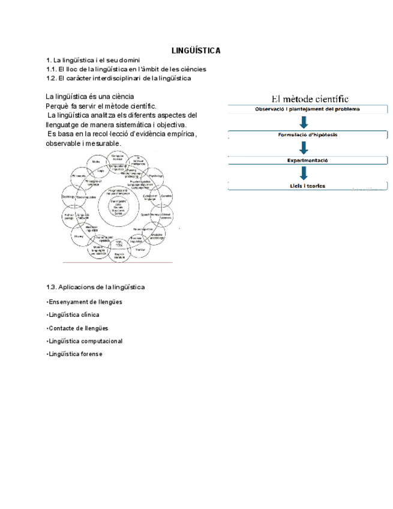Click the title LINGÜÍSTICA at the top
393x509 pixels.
click(196, 50)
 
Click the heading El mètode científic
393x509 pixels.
click(310, 98)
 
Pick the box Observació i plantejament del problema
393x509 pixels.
click(308, 109)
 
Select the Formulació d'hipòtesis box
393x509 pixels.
click(308, 135)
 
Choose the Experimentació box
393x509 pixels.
click(308, 161)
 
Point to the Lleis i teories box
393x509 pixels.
click(308, 186)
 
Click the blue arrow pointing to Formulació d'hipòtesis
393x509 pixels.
click(304, 122)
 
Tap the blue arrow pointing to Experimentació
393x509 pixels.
click(304, 148)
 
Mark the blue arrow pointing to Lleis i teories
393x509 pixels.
click(304, 173)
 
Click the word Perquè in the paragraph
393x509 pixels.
click(57, 106)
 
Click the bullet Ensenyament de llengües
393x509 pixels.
click(85, 302)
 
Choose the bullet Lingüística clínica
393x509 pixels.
click(73, 315)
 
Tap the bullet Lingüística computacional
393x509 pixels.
click(85, 341)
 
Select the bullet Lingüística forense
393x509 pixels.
click(75, 354)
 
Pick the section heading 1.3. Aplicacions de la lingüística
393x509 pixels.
click(95, 288)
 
